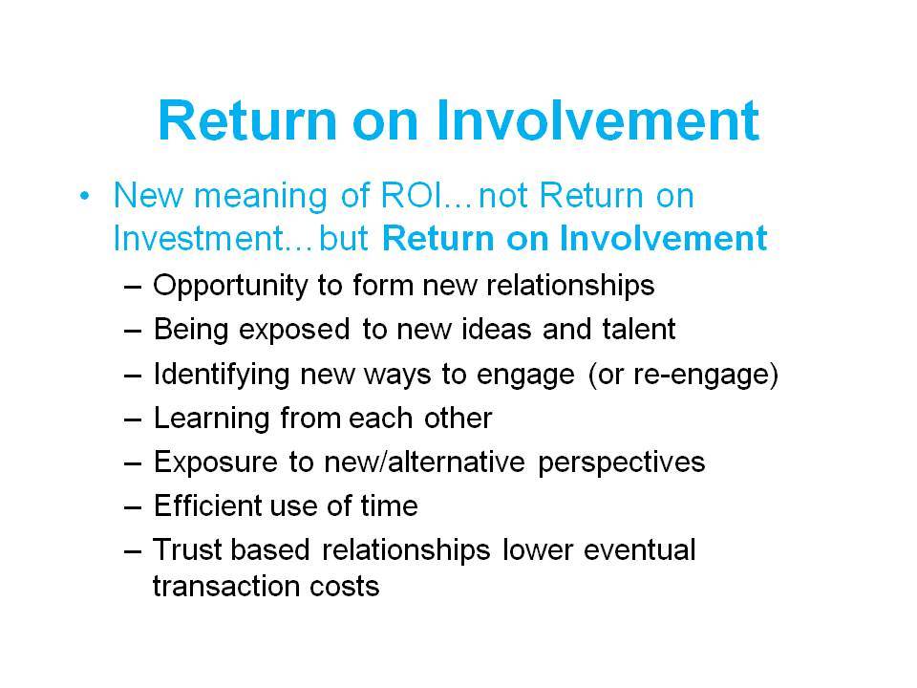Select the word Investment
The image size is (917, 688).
coord(199,238)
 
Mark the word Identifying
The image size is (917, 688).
coord(222,375)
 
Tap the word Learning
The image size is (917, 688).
coord(211,419)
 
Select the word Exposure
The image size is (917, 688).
coord(215,463)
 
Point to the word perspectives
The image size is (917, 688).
coord(621,463)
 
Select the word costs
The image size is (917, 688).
coord(345,586)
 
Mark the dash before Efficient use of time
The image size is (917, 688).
coord(133,507)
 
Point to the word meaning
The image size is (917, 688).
coord(260,196)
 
